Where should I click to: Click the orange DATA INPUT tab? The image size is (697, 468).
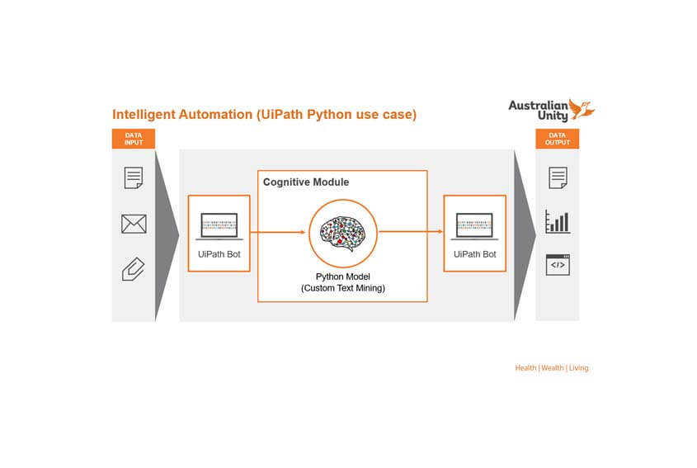click(x=133, y=139)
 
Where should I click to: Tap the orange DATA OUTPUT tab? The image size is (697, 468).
click(x=558, y=139)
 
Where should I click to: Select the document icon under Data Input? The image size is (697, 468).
click(x=134, y=177)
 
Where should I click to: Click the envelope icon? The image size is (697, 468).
click(x=134, y=224)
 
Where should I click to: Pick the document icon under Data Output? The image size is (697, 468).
click(x=558, y=177)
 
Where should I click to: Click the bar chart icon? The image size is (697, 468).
click(x=558, y=221)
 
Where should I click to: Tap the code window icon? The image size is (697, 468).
click(x=558, y=265)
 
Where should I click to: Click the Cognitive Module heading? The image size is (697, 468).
click(x=305, y=182)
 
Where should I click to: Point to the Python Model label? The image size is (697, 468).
click(x=342, y=277)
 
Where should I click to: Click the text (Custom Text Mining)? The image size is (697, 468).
click(x=342, y=288)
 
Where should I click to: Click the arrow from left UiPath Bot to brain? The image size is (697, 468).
click(x=279, y=233)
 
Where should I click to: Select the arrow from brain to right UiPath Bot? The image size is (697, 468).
click(x=410, y=233)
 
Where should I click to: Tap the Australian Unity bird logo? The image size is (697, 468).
click(x=582, y=109)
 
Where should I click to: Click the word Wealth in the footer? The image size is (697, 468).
click(x=553, y=368)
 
